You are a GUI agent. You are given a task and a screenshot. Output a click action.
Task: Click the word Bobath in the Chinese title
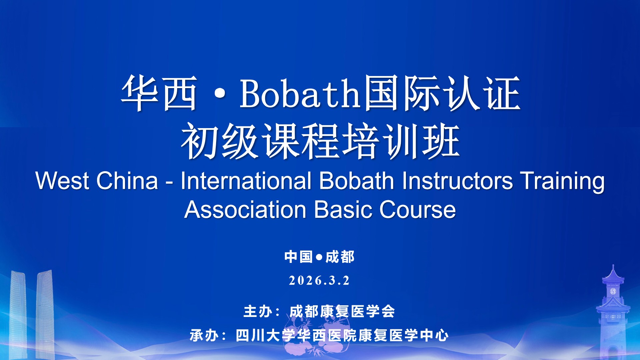(300, 94)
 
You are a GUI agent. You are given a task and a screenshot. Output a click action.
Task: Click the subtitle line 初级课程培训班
(321, 141)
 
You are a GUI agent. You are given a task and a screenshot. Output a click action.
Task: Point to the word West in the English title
(62, 181)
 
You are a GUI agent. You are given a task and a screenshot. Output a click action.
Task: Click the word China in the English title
(127, 181)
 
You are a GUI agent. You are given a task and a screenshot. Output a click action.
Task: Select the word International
(246, 181)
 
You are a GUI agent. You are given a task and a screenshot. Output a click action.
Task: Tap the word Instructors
(457, 181)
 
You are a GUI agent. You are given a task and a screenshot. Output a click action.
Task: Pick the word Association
(245, 210)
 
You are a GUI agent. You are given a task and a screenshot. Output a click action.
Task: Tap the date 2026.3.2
(319, 281)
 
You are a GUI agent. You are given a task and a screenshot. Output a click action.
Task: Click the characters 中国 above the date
(298, 257)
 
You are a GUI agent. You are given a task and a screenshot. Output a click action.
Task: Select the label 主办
(258, 312)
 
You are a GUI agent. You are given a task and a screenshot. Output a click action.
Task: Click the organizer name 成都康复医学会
(342, 312)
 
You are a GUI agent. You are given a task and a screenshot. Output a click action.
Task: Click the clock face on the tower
(613, 291)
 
